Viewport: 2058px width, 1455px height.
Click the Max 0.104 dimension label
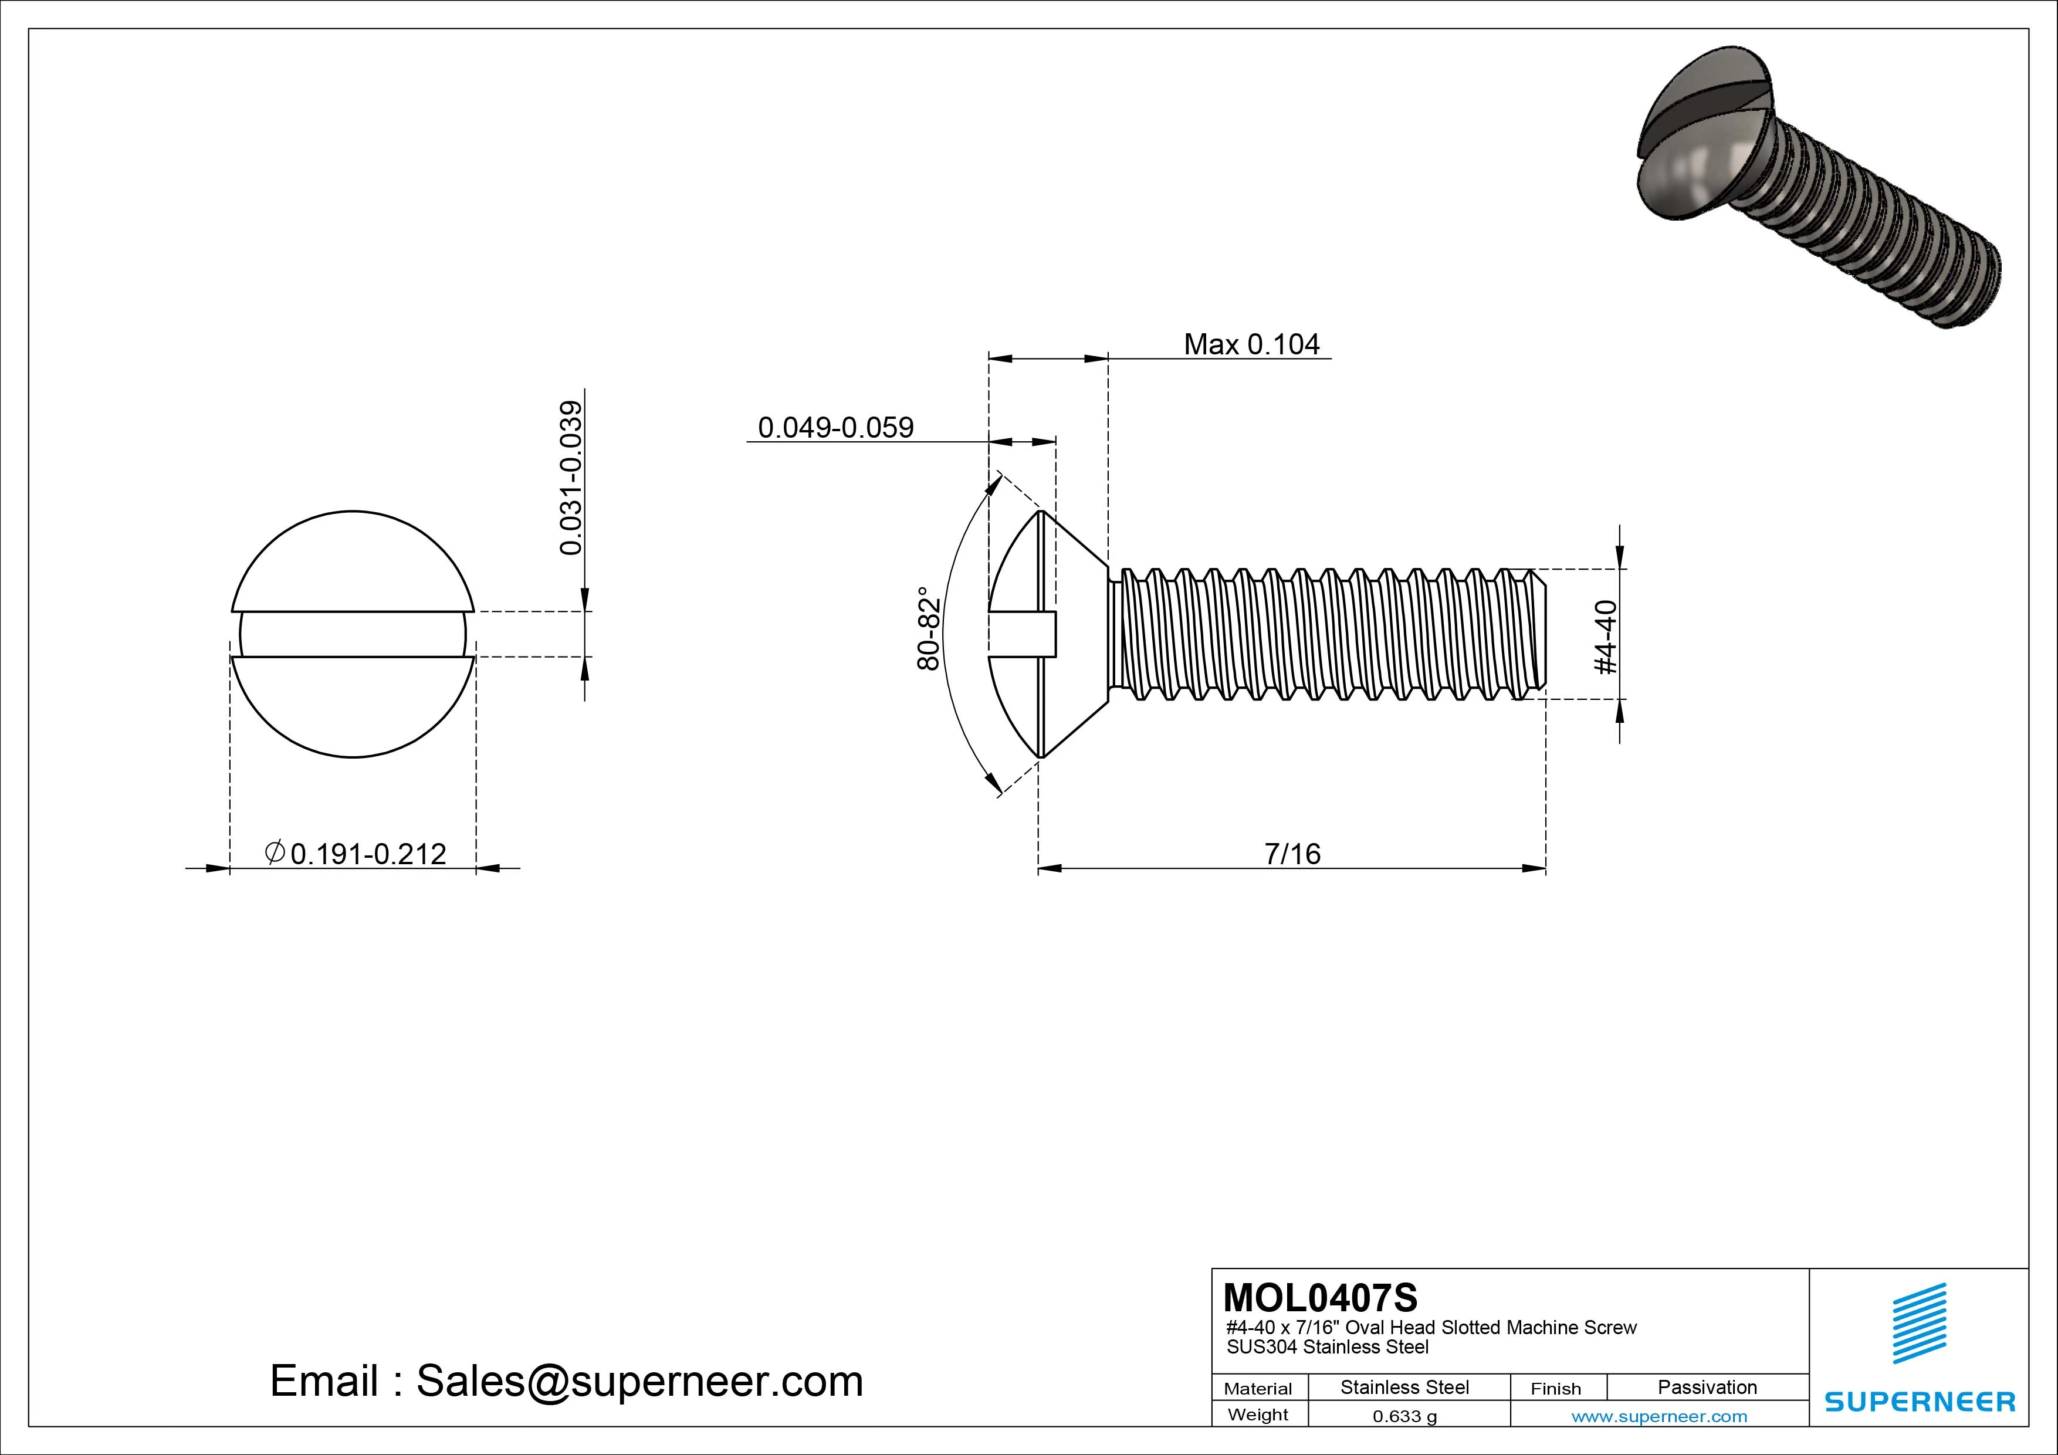1251,344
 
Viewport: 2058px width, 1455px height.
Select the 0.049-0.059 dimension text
835,428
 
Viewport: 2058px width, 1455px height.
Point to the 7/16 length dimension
1292,854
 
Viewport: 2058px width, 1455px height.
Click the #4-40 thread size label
1606,637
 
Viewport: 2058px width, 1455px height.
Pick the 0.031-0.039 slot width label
571,477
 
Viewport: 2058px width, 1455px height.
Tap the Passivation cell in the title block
1707,1387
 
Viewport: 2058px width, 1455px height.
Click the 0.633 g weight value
1404,1416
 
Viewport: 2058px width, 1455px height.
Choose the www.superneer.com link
1659,1416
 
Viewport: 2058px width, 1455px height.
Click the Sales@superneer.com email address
639,1380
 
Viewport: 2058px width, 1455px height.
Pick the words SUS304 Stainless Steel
1328,1346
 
